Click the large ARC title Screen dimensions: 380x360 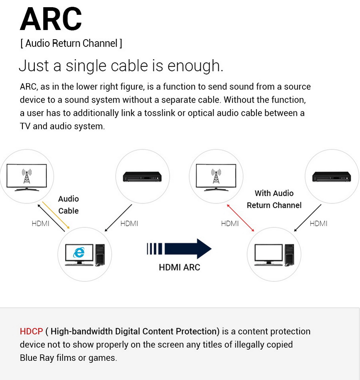[51, 19]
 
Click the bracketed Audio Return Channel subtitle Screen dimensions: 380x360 [71, 43]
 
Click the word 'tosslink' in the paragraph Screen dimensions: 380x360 [160, 113]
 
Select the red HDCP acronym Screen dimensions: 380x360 [31, 332]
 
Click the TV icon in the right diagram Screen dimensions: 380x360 [216, 177]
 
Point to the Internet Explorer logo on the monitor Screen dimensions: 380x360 [79, 252]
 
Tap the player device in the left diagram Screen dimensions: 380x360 [142, 176]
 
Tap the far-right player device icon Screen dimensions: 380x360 [332, 176]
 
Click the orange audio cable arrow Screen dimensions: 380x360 [56, 215]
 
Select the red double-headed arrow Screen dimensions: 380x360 [240, 217]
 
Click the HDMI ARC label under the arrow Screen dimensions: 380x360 [179, 267]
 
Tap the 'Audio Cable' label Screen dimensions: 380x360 [68, 205]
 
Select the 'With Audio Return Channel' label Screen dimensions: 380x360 [274, 199]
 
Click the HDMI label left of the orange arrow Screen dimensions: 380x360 [40, 223]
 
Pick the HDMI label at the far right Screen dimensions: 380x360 [318, 223]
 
